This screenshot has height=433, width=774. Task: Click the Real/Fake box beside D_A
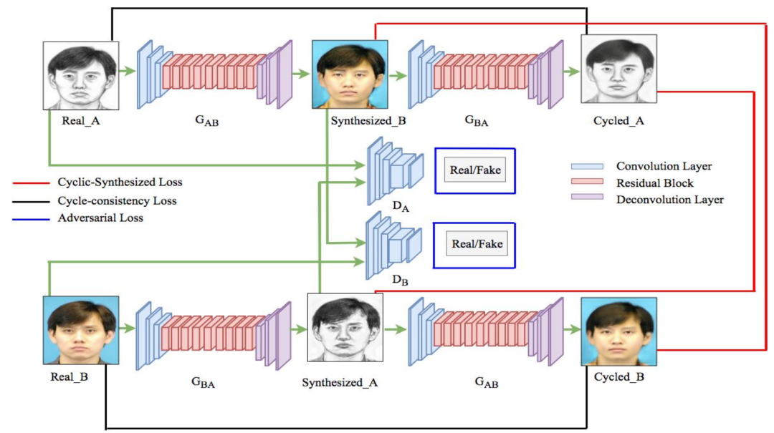[474, 171]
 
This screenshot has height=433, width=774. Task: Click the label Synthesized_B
[368, 120]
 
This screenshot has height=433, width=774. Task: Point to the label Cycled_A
[618, 120]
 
